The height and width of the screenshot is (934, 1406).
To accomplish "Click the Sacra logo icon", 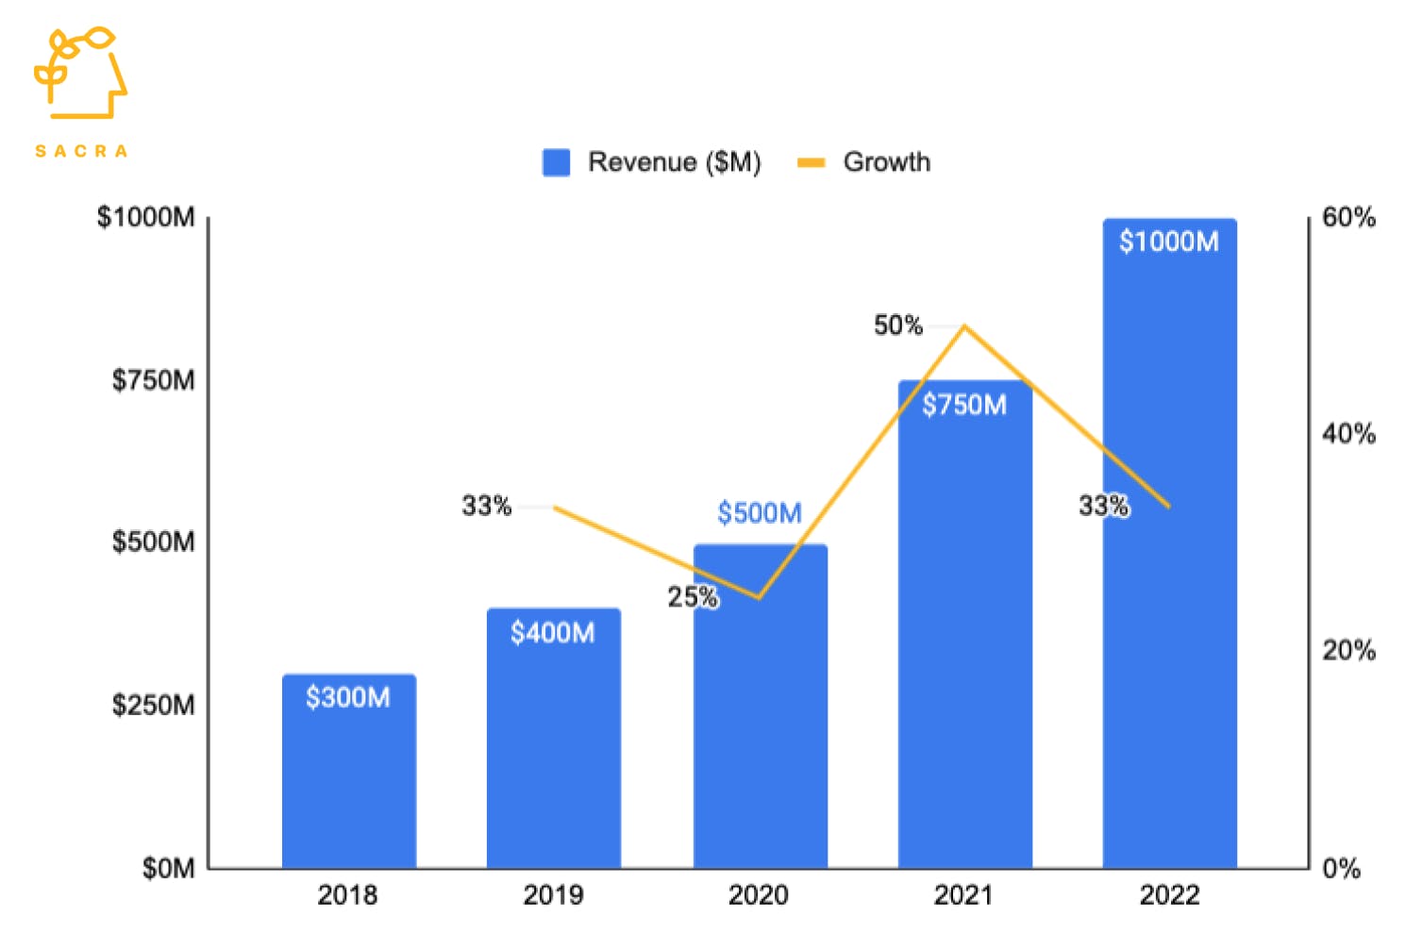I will point(80,73).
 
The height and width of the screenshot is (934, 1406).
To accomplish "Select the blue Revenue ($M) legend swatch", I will point(556,162).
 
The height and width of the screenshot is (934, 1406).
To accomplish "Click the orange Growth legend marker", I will point(811,162).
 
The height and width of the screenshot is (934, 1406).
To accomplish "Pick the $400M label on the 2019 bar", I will point(552,632).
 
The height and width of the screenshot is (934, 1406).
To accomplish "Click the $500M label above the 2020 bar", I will point(759,513).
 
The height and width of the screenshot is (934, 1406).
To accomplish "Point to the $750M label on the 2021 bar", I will point(963,405).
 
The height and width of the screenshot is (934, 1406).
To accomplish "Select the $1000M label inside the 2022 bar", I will point(1168,242).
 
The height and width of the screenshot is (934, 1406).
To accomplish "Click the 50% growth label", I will point(897,325).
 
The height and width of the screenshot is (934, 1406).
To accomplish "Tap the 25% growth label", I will point(693,596).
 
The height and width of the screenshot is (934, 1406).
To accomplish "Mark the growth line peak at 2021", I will point(963,326).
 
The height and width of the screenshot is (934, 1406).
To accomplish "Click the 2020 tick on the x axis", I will point(758,894).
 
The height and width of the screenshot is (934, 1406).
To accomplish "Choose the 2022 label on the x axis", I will point(1169,894).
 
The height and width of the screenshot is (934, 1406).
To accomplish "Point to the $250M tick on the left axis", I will point(153,705).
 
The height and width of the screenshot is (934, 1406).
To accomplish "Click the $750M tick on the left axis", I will point(153,380).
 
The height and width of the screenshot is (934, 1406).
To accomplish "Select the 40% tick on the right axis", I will point(1347,434).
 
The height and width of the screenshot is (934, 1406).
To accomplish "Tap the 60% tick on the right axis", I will point(1347,217).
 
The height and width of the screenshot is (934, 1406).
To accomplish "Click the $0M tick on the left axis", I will point(168,868).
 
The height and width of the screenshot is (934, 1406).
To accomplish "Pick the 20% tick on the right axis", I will point(1347,651).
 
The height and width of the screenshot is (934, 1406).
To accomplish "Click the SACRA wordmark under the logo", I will point(81,151).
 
